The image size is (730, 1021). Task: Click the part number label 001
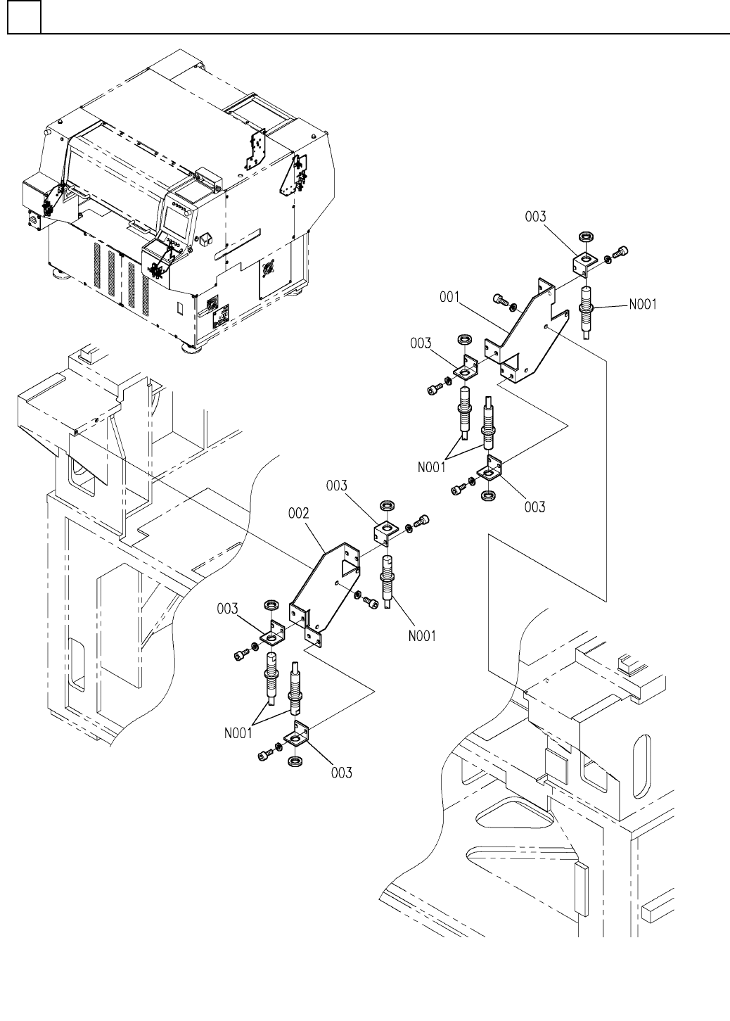click(449, 297)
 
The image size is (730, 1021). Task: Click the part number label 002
click(298, 513)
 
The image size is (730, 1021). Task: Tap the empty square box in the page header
click(24, 17)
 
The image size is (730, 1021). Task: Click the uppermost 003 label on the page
click(535, 217)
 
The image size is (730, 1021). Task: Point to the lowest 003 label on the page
click(342, 773)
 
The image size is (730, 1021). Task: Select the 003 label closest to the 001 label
click(421, 343)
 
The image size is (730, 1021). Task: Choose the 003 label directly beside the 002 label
click(337, 486)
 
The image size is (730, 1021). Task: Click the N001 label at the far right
click(643, 304)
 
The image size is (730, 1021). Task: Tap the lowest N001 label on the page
click(238, 733)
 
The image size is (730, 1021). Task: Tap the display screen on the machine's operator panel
click(175, 222)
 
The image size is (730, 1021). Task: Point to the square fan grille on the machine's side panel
click(269, 269)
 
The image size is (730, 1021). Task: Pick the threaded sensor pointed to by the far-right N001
click(586, 312)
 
